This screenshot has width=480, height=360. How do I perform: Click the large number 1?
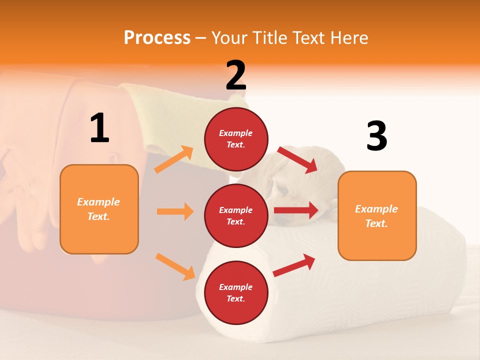[x=99, y=128]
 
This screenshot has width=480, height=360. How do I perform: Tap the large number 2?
[x=236, y=75]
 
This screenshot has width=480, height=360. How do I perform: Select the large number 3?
[x=377, y=136]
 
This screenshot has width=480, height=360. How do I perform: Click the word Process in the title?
[x=157, y=37]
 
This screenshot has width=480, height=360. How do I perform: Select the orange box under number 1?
[x=99, y=209]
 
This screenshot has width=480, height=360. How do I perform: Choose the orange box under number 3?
[x=377, y=215]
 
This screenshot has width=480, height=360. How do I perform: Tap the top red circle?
[x=236, y=138]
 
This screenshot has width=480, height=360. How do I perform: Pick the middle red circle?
[x=236, y=215]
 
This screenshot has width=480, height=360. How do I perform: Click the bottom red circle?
[x=236, y=292]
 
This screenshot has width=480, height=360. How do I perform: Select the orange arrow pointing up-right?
[x=174, y=159]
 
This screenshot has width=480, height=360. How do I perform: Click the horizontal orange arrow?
[x=175, y=211]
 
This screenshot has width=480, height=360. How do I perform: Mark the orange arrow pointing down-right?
[x=175, y=266]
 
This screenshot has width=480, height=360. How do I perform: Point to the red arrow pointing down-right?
[x=298, y=159]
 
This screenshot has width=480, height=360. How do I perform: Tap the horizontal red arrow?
[x=296, y=210]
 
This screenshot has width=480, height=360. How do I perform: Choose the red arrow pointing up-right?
[x=294, y=265]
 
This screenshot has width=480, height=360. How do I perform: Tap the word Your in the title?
[x=229, y=37]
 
